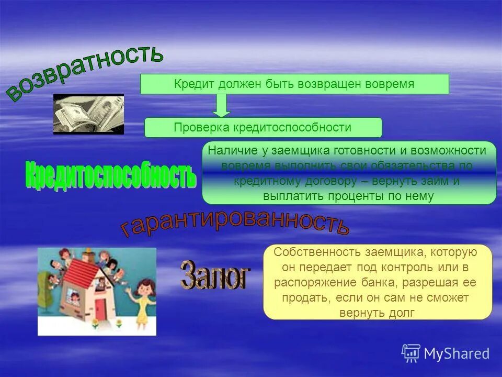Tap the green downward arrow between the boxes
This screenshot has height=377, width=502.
coord(222,106)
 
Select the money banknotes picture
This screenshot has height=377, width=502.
coord(88,114)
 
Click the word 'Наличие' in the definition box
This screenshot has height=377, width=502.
coord(233,151)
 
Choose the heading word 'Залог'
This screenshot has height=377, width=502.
coord(215,275)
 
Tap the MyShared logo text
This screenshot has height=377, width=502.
coord(456,353)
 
